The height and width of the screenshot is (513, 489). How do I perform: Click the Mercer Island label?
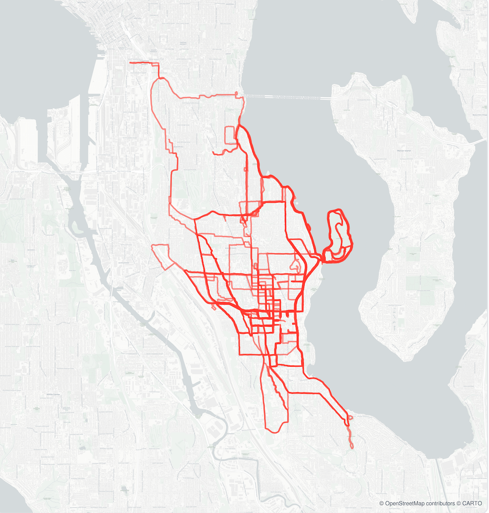coord(404,151)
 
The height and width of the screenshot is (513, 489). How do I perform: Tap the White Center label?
coord(54,394)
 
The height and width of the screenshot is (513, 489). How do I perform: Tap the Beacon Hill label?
coord(178,147)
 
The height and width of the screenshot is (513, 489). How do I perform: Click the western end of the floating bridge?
coord(243,96)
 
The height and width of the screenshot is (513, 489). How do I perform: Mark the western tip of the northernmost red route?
coord(130,63)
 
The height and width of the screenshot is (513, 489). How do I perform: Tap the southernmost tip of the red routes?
coord(352,447)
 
